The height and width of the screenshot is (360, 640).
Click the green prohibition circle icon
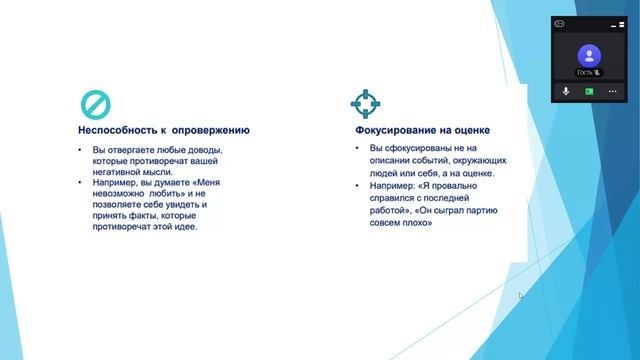(x=95, y=103)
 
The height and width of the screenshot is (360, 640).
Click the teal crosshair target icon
(x=366, y=103)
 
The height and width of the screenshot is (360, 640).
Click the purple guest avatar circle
(x=589, y=55)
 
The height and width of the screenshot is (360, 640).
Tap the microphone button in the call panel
(x=566, y=91)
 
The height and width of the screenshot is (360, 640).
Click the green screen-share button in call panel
(x=589, y=91)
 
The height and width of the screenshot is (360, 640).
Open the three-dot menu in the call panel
(x=612, y=91)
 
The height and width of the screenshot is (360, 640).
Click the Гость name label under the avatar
(x=585, y=73)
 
